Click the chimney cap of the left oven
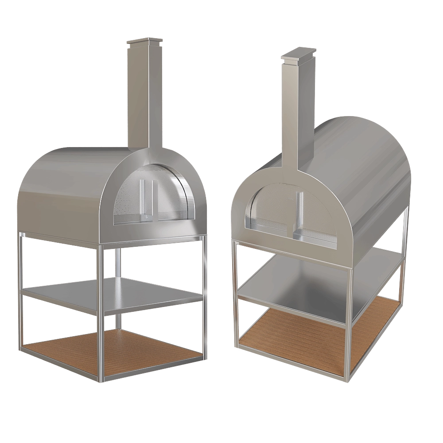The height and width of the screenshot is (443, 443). pyautogui.click(x=143, y=43)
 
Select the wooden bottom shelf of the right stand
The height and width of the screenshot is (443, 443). pyautogui.click(x=319, y=332)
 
